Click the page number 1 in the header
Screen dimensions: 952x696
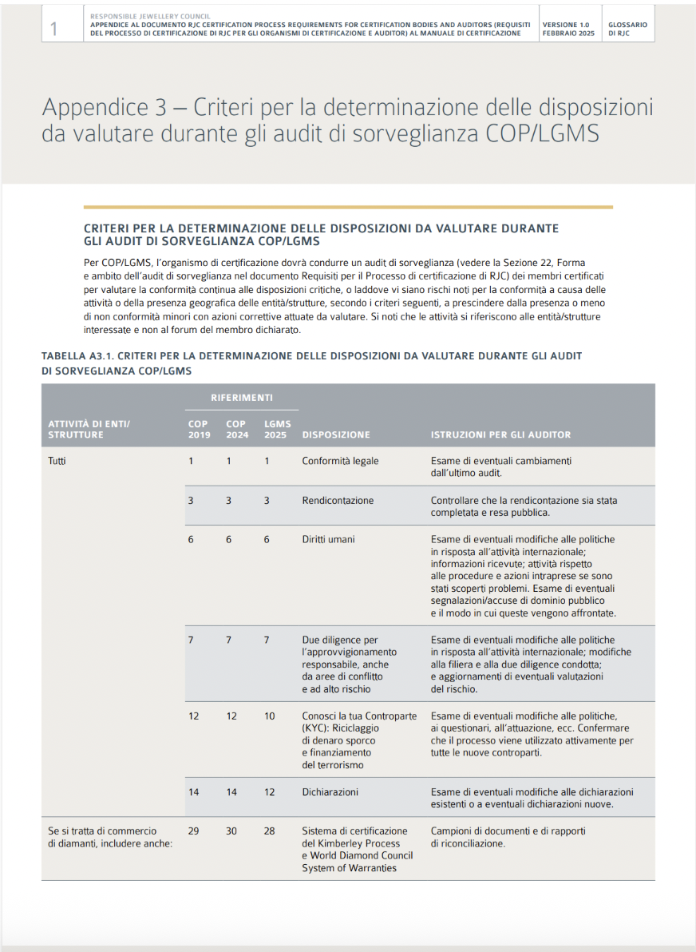[53, 30]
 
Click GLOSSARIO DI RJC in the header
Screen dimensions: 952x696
[627, 30]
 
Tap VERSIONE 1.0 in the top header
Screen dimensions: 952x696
[566, 25]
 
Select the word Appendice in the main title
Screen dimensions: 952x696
[88, 108]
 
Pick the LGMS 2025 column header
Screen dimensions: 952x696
[277, 430]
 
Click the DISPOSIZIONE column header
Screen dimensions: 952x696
[335, 435]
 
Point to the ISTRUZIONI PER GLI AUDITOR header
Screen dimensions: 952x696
[500, 435]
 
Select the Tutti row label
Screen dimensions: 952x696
[57, 462]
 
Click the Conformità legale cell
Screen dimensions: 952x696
[340, 462]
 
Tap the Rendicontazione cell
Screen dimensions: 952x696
[338, 501]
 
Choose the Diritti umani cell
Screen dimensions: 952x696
[329, 540]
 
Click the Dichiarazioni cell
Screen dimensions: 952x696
[330, 792]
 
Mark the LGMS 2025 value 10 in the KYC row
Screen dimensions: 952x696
[269, 716]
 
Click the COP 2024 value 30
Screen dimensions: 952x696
[231, 831]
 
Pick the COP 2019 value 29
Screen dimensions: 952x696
[193, 831]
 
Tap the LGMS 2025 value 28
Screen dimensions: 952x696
[269, 831]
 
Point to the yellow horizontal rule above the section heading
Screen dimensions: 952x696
[348, 208]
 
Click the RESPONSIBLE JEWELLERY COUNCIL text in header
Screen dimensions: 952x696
[145, 15]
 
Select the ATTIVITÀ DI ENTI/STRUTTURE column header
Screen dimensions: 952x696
[89, 430]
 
